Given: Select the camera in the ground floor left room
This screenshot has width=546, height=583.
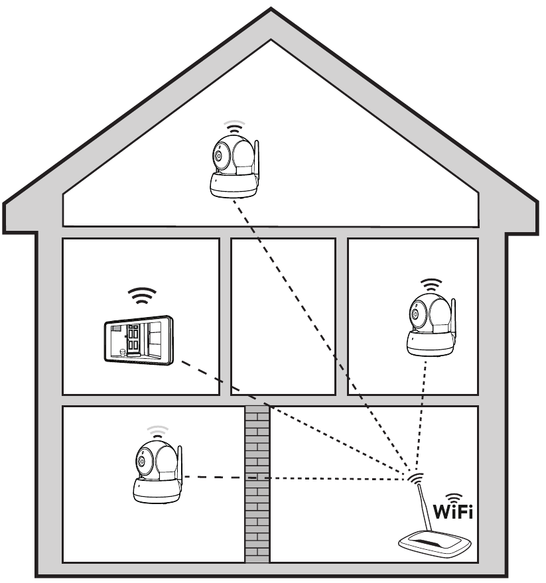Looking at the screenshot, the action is [x=158, y=472].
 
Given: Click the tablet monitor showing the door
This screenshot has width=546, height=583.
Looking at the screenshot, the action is [x=139, y=340].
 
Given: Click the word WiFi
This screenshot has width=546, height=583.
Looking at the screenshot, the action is [x=453, y=512].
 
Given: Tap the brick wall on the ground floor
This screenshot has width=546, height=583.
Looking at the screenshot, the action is [x=257, y=484].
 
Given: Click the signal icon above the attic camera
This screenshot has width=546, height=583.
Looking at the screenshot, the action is [x=234, y=127].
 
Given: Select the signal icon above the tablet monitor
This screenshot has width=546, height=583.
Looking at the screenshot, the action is [x=142, y=296].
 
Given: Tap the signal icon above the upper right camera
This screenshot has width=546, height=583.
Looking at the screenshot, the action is [x=431, y=285].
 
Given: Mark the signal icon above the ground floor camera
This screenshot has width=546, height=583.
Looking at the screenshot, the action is [x=158, y=432].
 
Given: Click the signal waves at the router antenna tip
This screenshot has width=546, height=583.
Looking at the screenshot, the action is [x=415, y=477].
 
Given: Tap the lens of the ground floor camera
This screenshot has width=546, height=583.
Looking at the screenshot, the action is [x=141, y=462].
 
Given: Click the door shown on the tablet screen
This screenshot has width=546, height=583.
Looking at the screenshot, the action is [x=133, y=338].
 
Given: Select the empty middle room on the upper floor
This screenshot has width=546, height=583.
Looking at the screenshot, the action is [x=283, y=316].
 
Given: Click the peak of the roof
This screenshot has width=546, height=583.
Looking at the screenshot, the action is [x=271, y=9].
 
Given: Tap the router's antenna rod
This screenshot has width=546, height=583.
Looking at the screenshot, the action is [x=425, y=507].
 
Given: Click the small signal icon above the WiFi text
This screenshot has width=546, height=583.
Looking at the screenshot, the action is [x=454, y=498].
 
